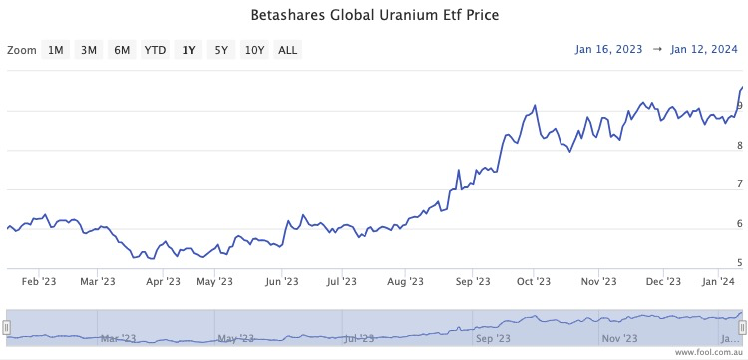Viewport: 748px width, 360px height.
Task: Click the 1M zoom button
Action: [56, 50]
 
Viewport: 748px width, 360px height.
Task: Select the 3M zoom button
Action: [89, 50]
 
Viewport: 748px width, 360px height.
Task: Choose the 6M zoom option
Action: [122, 50]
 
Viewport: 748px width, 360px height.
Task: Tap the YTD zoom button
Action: [155, 50]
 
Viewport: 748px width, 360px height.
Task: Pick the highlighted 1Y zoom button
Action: [188, 50]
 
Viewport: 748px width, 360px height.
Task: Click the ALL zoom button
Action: [287, 50]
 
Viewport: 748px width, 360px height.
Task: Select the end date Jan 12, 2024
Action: [704, 49]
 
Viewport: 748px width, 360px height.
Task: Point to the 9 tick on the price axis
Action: [739, 106]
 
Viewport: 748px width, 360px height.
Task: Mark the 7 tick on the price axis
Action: [739, 184]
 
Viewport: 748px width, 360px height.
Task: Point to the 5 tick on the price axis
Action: [739, 264]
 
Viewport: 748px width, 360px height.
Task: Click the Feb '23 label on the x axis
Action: [38, 282]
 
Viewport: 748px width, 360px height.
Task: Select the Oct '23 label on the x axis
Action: [533, 282]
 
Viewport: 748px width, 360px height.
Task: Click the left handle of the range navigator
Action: [6, 327]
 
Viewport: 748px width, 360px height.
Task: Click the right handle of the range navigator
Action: [742, 327]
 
